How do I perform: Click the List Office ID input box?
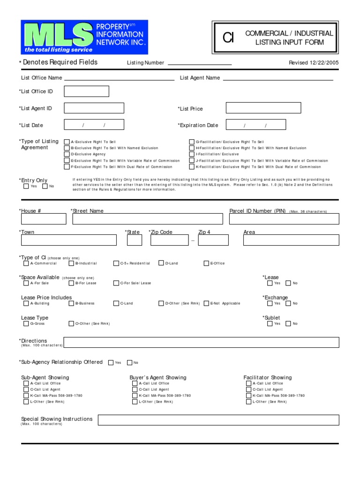[86, 91]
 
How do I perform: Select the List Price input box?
[263, 108]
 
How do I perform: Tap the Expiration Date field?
[255, 125]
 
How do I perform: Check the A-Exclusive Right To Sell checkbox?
[67, 142]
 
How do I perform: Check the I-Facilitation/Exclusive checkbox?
[192, 154]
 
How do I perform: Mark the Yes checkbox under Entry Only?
[26, 187]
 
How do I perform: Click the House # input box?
[44, 219]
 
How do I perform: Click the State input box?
[135, 240]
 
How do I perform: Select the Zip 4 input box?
[213, 240]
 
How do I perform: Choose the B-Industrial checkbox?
[71, 263]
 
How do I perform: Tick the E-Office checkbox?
[206, 263]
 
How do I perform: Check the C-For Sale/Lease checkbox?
[116, 283]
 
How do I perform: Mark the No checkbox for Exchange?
[289, 303]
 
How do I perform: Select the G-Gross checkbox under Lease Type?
[26, 323]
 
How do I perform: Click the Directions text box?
[201, 342]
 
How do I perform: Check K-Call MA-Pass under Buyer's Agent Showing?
[135, 396]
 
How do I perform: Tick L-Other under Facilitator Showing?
[248, 402]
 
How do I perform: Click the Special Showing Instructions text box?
[218, 420]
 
